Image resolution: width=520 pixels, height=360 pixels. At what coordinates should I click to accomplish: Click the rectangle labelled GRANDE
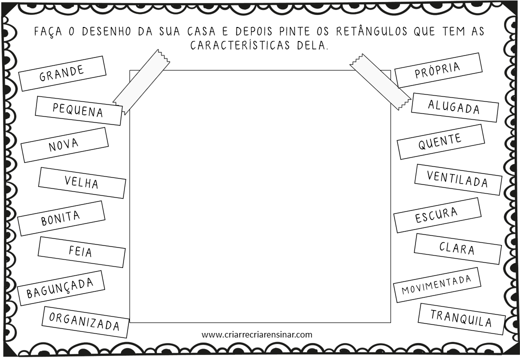[x=62, y=73]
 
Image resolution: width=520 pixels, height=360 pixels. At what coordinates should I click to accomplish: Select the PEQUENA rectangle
[x=79, y=110]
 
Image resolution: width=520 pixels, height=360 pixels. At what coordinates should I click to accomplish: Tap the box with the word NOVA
[x=64, y=145]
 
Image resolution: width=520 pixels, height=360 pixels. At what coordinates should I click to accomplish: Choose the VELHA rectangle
[x=82, y=182]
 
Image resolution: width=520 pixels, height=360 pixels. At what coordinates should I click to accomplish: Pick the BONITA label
[x=61, y=218]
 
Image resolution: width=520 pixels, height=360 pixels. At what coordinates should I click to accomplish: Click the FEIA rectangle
[x=81, y=251]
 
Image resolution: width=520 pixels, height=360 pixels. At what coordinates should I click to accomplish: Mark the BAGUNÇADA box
[x=60, y=287]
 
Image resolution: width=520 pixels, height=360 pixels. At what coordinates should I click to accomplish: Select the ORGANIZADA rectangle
[x=85, y=321]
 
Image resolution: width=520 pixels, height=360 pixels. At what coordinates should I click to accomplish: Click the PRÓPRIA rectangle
[x=438, y=70]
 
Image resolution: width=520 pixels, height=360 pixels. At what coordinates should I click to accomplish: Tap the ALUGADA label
[x=454, y=107]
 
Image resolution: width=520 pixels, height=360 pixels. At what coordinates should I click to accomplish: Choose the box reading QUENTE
[x=440, y=141]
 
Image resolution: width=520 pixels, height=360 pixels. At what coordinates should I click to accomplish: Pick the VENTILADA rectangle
[x=458, y=178]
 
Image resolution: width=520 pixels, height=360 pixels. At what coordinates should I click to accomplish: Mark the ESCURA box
[x=437, y=215]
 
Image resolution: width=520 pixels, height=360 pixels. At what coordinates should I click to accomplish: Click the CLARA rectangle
[x=457, y=248]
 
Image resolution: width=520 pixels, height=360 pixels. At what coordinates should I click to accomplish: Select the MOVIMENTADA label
[x=437, y=284]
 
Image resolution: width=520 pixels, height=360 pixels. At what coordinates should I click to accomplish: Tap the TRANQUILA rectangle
[x=461, y=318]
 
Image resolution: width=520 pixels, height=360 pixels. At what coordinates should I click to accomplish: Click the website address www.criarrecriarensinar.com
[x=257, y=334]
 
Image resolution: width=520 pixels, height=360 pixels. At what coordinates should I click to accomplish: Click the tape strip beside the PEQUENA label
[x=141, y=81]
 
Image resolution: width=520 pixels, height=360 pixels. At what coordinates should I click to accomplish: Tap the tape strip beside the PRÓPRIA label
[x=380, y=81]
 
